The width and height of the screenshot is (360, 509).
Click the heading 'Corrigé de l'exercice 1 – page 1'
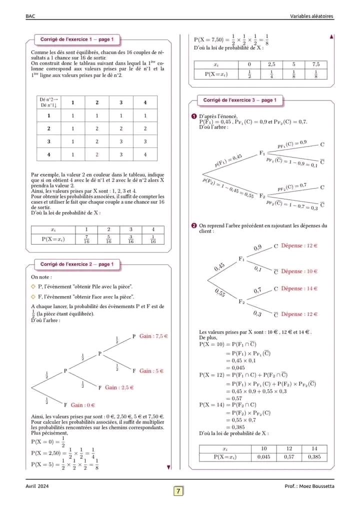[x=77, y=39]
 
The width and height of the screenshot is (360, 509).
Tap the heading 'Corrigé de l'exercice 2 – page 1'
[x=77, y=264]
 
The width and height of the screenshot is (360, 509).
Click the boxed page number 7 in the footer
[x=178, y=491]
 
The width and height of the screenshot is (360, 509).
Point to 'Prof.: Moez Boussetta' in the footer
[x=308, y=486]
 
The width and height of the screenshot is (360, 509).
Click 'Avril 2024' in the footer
[x=37, y=486]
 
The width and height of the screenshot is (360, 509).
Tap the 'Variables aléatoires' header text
[x=311, y=16]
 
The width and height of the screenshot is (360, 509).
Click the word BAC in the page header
[x=30, y=16]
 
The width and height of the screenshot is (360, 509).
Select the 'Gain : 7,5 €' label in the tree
[x=153, y=336]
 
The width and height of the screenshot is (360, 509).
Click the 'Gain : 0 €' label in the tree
[x=83, y=404]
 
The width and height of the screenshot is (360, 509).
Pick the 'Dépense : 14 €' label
[x=299, y=288]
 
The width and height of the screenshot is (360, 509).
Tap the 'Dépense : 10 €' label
[x=299, y=271]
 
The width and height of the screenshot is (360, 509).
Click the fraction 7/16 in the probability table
[x=86, y=239]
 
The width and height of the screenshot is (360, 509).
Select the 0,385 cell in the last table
[x=314, y=456]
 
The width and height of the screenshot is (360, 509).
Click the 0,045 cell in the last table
[x=264, y=456]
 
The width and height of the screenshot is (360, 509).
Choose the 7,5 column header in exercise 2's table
[x=315, y=64]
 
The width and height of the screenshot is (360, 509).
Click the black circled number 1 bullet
[x=194, y=116]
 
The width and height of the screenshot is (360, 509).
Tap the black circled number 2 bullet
[x=194, y=226]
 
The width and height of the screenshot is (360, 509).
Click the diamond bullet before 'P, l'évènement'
[x=33, y=286]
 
